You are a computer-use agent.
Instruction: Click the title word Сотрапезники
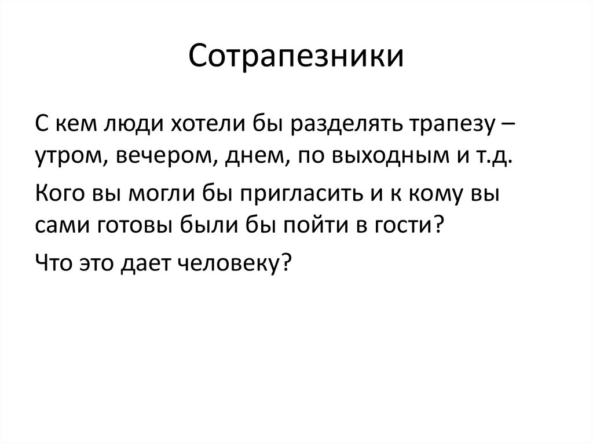(x=296, y=59)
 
